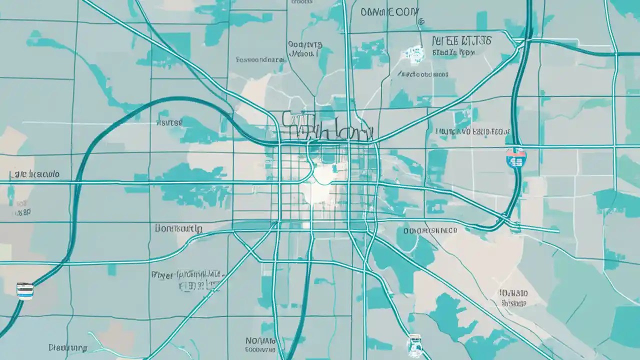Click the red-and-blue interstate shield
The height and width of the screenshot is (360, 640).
click(515, 157)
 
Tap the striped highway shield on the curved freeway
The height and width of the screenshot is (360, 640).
click(24, 290)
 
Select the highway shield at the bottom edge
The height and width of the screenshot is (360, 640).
click(414, 345)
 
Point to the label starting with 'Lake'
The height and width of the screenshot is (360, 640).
click(34, 174)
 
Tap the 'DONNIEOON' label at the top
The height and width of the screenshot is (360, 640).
click(389, 12)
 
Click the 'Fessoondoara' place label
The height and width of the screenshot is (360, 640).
click(260, 59)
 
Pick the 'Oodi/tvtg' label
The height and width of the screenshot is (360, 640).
click(305, 44)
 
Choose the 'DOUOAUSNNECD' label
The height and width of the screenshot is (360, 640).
click(430, 230)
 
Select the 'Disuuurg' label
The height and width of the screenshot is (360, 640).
click(68, 347)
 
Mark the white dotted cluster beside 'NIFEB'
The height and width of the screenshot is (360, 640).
click(415, 52)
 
